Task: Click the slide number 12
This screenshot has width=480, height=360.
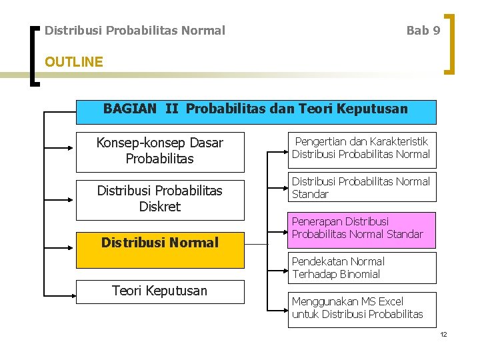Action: pos(443,334)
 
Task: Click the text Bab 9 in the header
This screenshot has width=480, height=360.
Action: pos(423,31)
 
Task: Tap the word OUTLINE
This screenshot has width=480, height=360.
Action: pos(73,62)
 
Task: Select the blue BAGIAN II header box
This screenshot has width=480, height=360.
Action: pos(256,111)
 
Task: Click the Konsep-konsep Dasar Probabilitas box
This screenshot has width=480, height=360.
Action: pos(160,151)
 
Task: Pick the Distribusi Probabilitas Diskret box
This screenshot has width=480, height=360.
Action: pos(160,199)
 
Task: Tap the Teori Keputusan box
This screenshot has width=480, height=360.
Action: pos(160,291)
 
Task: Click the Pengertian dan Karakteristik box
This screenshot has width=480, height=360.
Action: pos(361,149)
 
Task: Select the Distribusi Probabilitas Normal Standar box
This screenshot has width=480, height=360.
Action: pos(361,188)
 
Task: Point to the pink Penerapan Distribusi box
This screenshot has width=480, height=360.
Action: pos(361,229)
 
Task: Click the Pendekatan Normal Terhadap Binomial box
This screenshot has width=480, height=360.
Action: pos(361,268)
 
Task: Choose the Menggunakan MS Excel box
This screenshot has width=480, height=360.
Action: pos(361,308)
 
